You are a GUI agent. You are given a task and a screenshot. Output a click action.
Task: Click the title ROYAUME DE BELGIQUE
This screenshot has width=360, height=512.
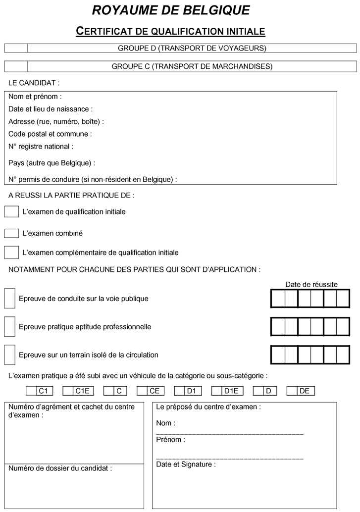171,10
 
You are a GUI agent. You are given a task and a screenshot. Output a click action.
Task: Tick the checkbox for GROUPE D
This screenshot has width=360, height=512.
16,48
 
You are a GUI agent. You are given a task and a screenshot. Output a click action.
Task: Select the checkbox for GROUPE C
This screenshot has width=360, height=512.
16,66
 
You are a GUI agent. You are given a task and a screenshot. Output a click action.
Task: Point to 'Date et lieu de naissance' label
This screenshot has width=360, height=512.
51,109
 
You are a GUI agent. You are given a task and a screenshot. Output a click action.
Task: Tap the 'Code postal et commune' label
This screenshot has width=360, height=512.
50,134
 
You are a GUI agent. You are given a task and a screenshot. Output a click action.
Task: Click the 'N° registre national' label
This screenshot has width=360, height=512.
41,146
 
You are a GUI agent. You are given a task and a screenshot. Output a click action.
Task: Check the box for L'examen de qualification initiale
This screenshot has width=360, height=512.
11,211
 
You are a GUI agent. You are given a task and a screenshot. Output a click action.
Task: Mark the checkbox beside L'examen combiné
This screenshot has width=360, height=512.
11,233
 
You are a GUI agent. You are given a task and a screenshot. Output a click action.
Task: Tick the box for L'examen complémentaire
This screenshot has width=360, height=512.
11,252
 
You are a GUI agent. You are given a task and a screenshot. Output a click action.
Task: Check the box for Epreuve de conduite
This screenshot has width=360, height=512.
9,298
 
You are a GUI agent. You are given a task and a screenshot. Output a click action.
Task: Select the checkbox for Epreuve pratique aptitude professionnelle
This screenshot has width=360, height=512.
9,326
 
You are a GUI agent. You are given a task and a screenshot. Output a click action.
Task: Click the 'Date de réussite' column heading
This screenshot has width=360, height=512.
311,284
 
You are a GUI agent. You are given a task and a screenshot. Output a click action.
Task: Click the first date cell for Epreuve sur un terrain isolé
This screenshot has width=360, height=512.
278,355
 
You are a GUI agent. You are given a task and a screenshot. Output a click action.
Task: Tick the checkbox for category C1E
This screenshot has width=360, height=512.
68,391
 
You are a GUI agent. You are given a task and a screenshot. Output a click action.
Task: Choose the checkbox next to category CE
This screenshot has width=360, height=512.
142,391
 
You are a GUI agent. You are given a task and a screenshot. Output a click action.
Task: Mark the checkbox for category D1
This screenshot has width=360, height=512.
180,391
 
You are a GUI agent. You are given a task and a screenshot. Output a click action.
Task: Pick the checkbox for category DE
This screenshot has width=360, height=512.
292,391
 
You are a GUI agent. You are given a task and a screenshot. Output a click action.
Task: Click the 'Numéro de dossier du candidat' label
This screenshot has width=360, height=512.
60,468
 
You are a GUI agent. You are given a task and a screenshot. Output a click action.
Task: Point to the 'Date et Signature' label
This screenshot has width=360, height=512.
186,464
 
